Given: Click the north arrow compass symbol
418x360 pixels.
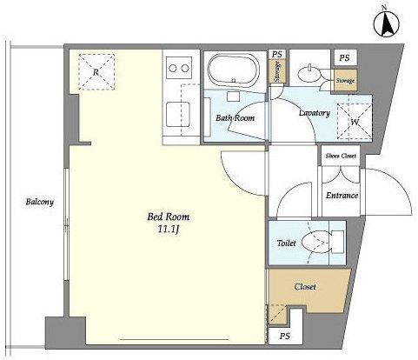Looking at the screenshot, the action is pyautogui.click(x=386, y=23).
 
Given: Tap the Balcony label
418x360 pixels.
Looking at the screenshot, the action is pyautogui.click(x=40, y=202).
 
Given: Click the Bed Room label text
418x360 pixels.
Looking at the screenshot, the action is pyautogui.click(x=169, y=217).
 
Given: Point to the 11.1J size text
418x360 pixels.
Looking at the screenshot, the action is pyautogui.click(x=169, y=230).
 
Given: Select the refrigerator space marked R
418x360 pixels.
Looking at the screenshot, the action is pyautogui.click(x=96, y=72).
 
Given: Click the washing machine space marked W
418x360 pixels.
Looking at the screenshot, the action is pyautogui.click(x=355, y=122).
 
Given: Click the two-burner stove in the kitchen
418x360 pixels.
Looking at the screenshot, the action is pyautogui.click(x=179, y=68).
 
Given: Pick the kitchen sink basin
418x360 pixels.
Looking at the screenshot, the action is pyautogui.click(x=178, y=115).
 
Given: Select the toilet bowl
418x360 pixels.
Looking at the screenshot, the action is pyautogui.click(x=316, y=242).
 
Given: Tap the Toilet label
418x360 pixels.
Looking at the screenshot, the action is pyautogui.click(x=286, y=243).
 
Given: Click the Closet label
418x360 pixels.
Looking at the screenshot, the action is pyautogui.click(x=305, y=287).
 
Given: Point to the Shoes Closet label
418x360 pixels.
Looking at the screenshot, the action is pyautogui.click(x=341, y=156).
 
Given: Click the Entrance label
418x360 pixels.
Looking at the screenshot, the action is pyautogui.click(x=342, y=196).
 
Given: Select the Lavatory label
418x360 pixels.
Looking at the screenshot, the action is pyautogui.click(x=315, y=113).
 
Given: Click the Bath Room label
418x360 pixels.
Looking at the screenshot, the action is pyautogui.click(x=236, y=117).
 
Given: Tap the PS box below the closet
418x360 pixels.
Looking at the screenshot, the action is pyautogui.click(x=286, y=336).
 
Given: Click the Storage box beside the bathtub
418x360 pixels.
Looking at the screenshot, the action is pyautogui.click(x=277, y=71).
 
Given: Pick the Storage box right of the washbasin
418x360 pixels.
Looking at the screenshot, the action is pyautogui.click(x=345, y=81).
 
